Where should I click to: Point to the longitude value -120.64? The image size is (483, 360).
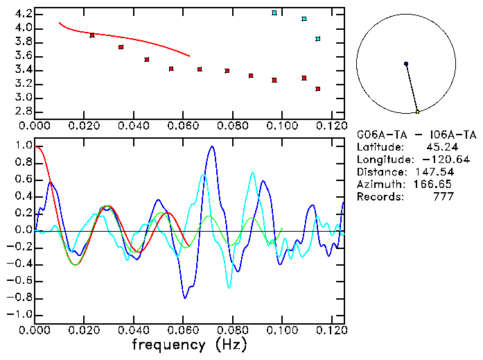(x=430, y=160)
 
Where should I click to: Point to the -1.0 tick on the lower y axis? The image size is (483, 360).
(x=21, y=314)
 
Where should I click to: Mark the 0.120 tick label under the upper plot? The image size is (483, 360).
(x=331, y=126)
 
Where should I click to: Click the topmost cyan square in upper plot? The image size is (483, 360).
(x=274, y=13)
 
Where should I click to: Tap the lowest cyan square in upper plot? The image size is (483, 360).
(x=317, y=39)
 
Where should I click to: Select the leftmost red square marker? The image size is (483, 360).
(x=92, y=35)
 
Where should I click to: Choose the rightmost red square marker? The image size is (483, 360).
(x=317, y=89)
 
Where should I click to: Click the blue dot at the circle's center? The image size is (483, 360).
(x=406, y=64)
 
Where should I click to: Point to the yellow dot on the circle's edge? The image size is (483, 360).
(x=417, y=112)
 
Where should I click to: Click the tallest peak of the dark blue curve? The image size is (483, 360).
(x=212, y=146)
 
